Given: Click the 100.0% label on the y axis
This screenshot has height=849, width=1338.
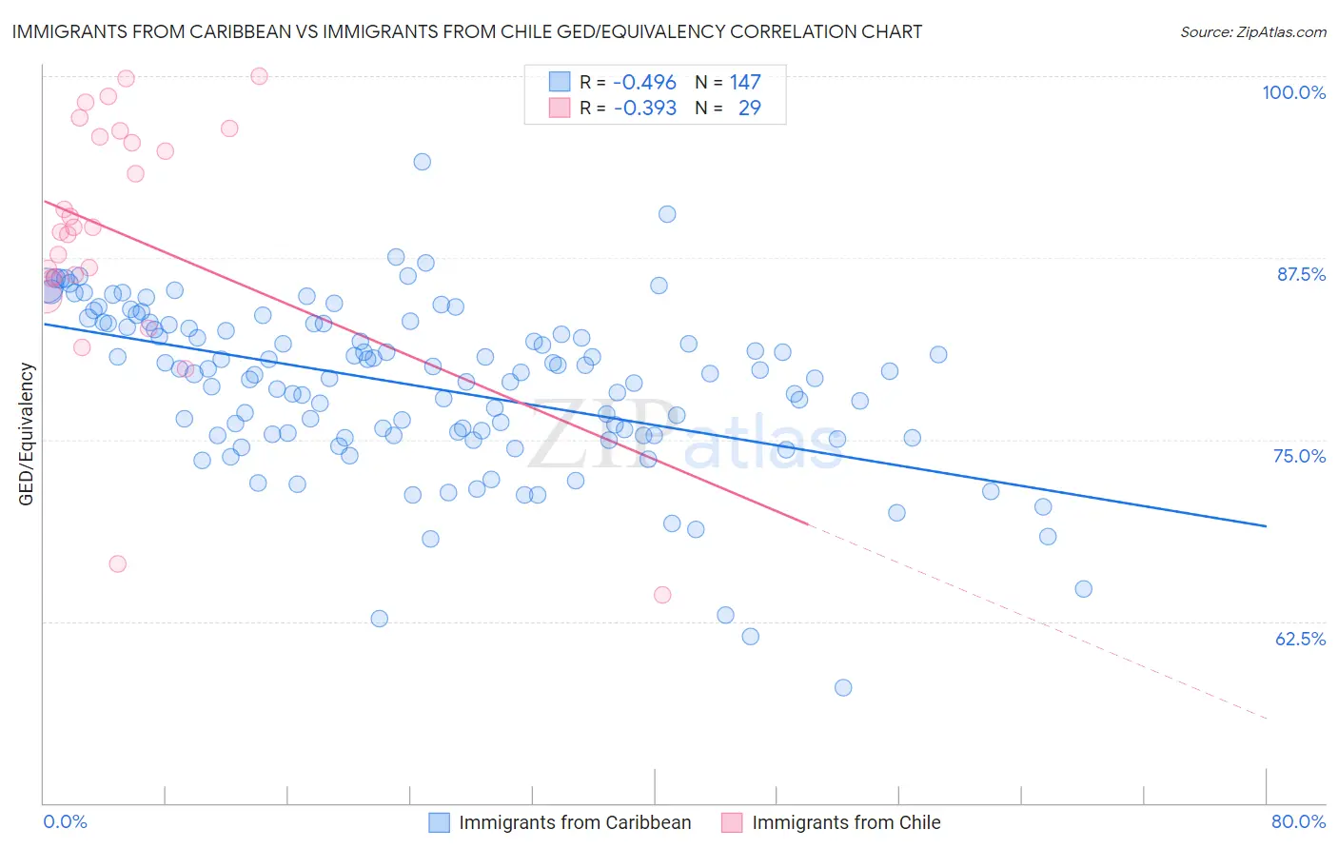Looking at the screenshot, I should coord(1293,92).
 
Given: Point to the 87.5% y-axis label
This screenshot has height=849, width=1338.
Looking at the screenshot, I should coord(1301,274).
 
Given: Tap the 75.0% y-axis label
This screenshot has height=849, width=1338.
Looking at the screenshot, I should coord(1299,456).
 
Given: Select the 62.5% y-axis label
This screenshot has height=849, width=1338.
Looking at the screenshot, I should coord(1300,639).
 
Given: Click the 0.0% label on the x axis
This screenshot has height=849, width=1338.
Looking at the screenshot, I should coord(65,821).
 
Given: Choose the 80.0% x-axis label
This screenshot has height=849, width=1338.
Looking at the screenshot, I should coord(1298,821).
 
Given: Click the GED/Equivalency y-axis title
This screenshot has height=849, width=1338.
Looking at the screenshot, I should coord(27,434).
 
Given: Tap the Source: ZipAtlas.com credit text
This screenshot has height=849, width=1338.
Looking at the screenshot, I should coord(1252,32).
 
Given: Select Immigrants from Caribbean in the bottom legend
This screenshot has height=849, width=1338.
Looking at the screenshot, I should coord(574,822).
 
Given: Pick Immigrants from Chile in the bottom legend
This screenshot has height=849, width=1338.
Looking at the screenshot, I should coord(845,822).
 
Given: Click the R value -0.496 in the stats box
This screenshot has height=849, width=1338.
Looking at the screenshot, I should coord(644,83).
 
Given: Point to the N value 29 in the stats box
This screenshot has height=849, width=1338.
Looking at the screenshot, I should coord(749,109).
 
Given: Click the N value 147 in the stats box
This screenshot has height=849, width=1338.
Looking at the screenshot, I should coord(745,83).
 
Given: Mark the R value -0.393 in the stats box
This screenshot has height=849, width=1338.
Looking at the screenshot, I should coord(644,109).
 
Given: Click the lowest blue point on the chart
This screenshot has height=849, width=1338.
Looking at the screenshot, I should coord(843,687).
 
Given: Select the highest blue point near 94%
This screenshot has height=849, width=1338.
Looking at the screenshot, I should coord(422,162).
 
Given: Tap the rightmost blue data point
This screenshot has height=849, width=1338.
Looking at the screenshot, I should coord(1083,589).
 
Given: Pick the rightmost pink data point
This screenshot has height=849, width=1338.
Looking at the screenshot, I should coord(662,595).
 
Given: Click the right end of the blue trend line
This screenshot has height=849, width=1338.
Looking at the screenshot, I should coord(1266,525).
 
